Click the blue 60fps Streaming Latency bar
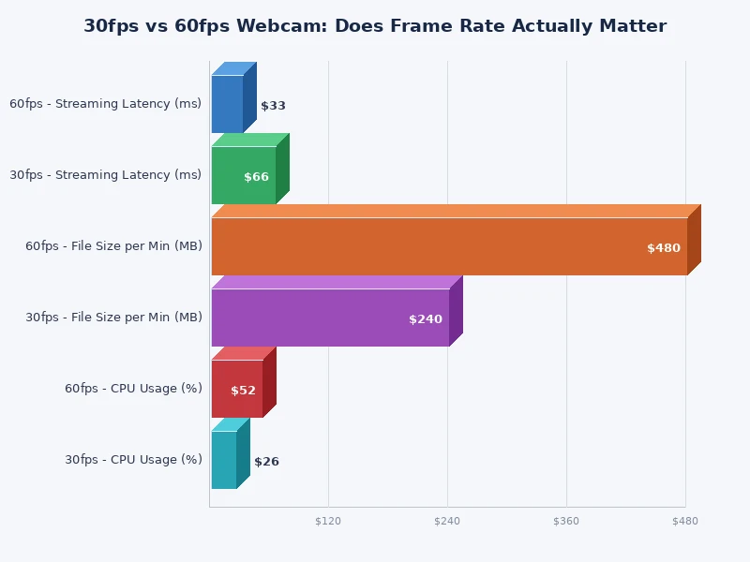click(227, 104)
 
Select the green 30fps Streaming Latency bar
click(243, 175)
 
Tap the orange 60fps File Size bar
click(449, 246)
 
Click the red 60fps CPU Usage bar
click(236, 389)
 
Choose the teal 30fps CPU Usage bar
click(223, 460)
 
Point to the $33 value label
click(273, 106)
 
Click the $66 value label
click(256, 177)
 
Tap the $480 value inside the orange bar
click(663, 248)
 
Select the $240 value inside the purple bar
click(425, 319)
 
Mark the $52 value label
click(243, 391)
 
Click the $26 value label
click(266, 462)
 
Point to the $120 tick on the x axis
click(328, 521)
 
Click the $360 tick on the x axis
click(566, 521)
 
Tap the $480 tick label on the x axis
click(685, 521)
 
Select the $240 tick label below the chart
click(447, 521)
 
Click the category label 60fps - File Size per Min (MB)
click(113, 246)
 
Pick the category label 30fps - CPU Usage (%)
click(133, 460)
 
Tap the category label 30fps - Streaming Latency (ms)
click(105, 175)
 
